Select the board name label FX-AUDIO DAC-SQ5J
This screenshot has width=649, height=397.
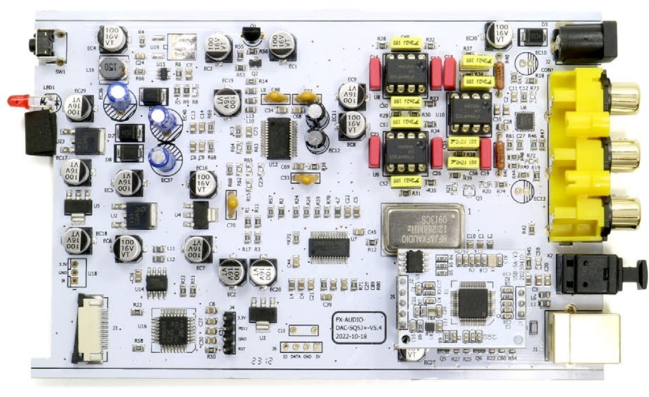click(359, 327)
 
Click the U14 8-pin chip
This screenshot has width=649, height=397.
click(157, 280)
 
